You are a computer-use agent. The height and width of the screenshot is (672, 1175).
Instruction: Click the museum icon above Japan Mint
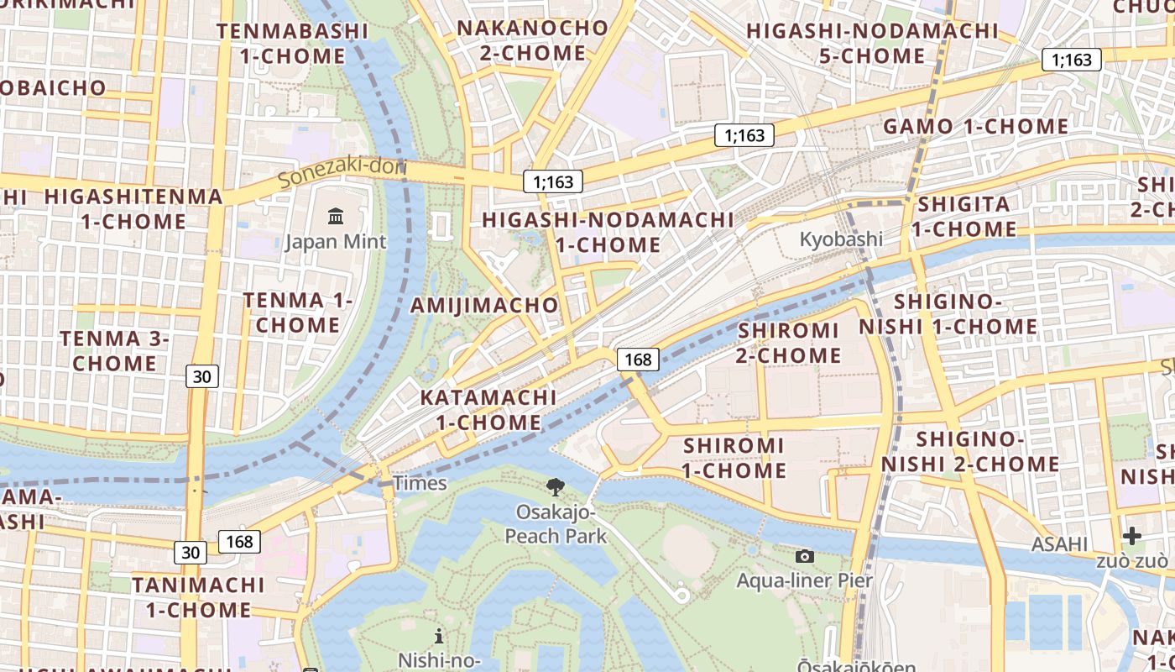pyautogui.click(x=336, y=217)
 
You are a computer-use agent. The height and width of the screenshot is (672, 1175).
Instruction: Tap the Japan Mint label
pyautogui.click(x=336, y=242)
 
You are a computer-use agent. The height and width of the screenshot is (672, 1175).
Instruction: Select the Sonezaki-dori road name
pyautogui.click(x=341, y=172)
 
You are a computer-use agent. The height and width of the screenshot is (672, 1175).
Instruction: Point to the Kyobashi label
pyautogui.click(x=840, y=239)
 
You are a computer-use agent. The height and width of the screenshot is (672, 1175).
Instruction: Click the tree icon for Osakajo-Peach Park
pyautogui.click(x=555, y=486)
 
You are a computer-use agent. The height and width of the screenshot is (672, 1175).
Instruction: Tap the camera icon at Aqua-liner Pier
pyautogui.click(x=804, y=556)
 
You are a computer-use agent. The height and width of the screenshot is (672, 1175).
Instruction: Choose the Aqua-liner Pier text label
pyautogui.click(x=804, y=580)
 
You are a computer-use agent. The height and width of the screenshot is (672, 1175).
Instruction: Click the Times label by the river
pyautogui.click(x=420, y=483)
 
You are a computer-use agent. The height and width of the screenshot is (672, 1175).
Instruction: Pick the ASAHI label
pyautogui.click(x=1059, y=544)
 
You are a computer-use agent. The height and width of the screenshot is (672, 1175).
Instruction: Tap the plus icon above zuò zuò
pyautogui.click(x=1131, y=536)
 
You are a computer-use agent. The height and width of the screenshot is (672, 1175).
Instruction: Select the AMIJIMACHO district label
pyautogui.click(x=484, y=305)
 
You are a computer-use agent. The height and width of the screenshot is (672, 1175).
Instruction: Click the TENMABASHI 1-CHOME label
pyautogui.click(x=292, y=44)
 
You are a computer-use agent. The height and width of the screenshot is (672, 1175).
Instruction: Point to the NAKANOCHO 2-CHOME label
pyautogui.click(x=532, y=40)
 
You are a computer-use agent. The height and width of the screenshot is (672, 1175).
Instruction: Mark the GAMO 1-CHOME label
pyautogui.click(x=975, y=127)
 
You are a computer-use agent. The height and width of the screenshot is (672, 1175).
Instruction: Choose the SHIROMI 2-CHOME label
pyautogui.click(x=788, y=343)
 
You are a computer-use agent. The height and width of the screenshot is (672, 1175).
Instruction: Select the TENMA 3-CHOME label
pyautogui.click(x=115, y=351)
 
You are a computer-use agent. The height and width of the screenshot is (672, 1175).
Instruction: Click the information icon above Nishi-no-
pyautogui.click(x=438, y=636)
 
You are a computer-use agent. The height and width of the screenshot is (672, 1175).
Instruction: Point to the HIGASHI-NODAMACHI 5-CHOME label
pyautogui.click(x=872, y=44)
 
